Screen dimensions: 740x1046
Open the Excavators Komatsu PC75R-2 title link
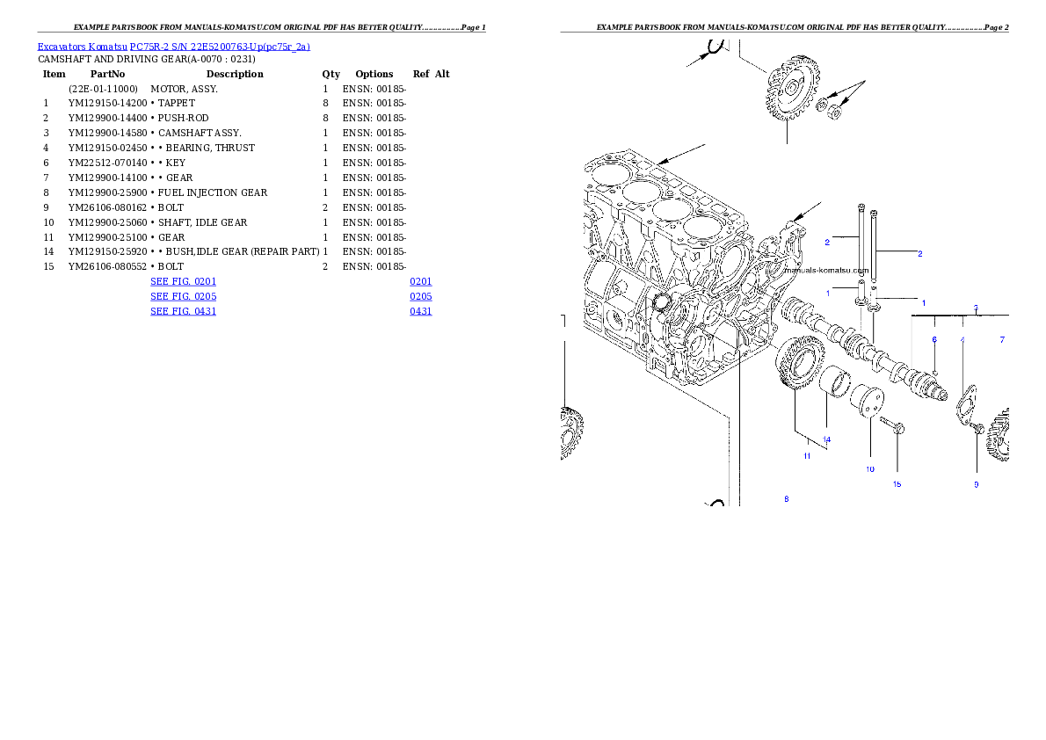coord(173,47)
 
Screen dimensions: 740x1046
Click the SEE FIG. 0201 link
coord(183,281)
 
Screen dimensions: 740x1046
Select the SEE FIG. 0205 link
coord(183,297)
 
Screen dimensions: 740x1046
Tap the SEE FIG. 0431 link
coord(183,311)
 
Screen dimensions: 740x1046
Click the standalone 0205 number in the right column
coord(420,297)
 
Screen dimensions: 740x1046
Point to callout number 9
coord(976,484)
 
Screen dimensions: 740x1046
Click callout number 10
coord(869,469)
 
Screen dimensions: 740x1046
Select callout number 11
coord(806,456)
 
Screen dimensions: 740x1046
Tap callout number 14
coord(826,439)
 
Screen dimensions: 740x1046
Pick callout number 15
coord(897,484)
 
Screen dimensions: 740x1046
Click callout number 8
coord(787,499)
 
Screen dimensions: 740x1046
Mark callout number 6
coord(934,339)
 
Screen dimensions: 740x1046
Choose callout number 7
coord(1001,339)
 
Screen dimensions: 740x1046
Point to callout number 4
coord(962,339)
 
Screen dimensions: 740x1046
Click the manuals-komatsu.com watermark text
coord(824,271)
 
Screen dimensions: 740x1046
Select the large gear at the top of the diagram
coord(789,92)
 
